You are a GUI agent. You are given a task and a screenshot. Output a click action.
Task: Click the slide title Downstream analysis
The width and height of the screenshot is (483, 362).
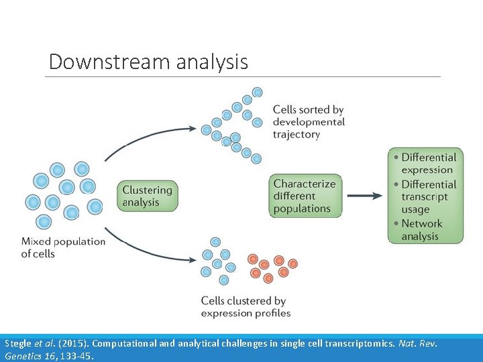click(x=148, y=62)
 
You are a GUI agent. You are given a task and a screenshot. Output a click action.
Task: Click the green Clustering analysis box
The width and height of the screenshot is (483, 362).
click(x=148, y=196)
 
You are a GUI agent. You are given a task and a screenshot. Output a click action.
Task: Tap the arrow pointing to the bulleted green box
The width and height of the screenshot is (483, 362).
click(x=364, y=196)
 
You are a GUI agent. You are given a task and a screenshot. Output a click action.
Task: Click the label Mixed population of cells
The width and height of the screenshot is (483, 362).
click(x=63, y=247)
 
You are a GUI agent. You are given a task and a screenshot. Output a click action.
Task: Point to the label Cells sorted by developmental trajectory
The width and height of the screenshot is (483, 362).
click(x=309, y=122)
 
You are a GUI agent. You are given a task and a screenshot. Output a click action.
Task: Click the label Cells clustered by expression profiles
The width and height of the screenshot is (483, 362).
click(x=246, y=307)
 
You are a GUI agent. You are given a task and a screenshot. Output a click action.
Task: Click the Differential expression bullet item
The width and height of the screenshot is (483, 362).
click(x=428, y=164)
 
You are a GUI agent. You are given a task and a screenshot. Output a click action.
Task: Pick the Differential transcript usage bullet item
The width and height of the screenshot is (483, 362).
click(x=428, y=196)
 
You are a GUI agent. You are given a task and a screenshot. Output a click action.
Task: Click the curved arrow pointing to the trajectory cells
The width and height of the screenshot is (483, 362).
click(x=161, y=136)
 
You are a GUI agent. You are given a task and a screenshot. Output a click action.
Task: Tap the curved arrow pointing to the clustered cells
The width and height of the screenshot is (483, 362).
click(x=161, y=249)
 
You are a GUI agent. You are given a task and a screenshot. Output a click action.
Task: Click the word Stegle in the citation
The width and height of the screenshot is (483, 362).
click(x=18, y=343)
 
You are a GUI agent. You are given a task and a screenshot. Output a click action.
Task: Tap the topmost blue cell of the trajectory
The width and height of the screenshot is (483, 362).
click(x=257, y=93)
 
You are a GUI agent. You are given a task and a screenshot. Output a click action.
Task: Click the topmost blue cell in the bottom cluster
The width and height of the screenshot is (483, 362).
click(x=215, y=241)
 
